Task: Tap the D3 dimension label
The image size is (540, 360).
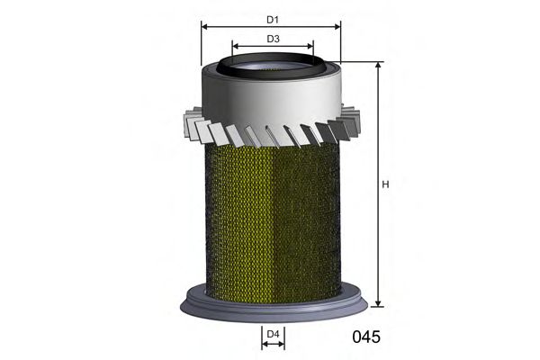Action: click(273, 39)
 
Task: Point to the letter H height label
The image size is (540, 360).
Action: click(385, 185)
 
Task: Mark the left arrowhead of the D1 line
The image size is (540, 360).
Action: click(205, 27)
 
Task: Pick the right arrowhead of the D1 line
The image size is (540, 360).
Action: click(339, 27)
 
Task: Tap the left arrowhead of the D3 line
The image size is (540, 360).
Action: click(236, 49)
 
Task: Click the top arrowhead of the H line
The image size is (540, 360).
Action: click(378, 67)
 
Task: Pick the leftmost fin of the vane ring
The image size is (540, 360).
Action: click(189, 121)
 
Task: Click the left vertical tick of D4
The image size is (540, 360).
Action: click(262, 337)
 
